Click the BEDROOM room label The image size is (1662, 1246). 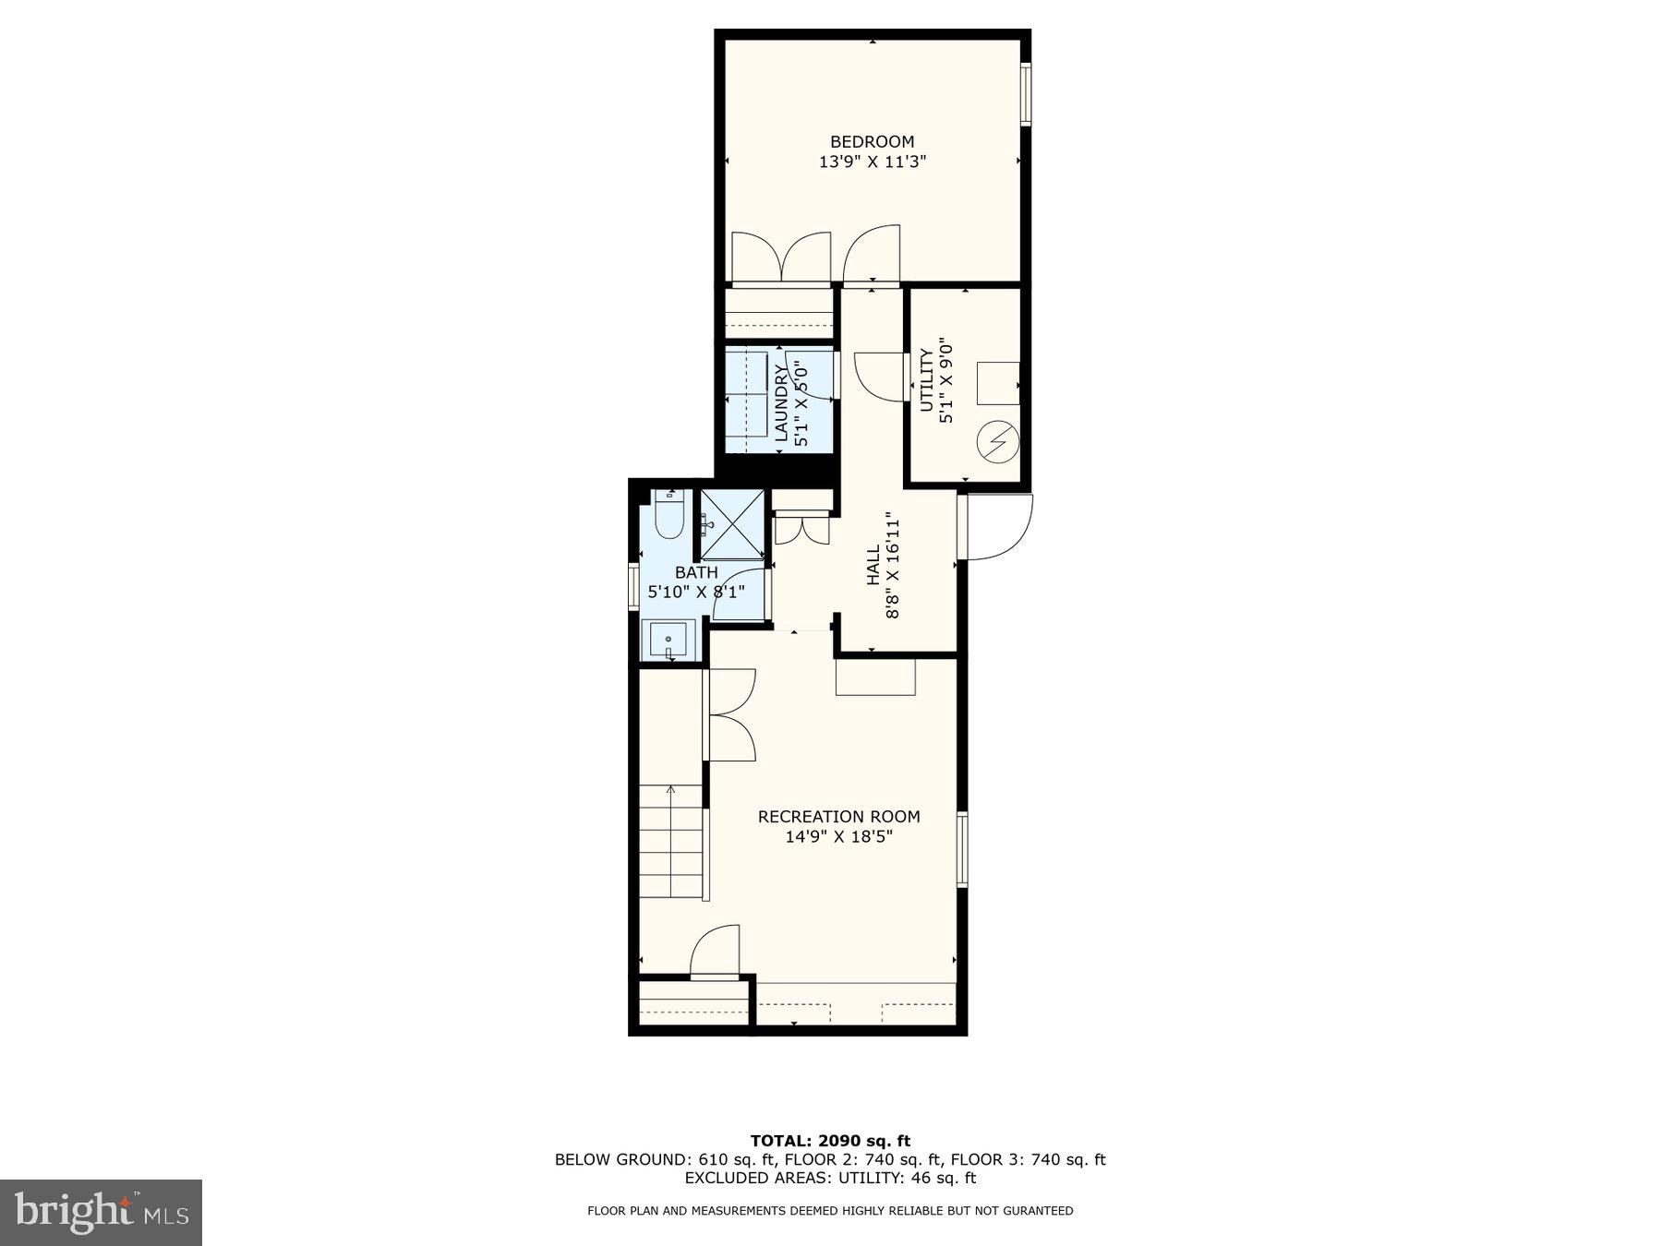pos(872,141)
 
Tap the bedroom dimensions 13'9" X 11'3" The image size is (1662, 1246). pos(872,162)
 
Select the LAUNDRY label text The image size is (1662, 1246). pos(781,403)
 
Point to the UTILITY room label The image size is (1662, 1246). pos(926,380)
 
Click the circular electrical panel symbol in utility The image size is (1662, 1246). pos(997,442)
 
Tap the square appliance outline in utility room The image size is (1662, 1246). pos(998,383)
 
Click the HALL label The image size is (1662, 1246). pos(873,565)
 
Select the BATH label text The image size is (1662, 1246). pos(696,573)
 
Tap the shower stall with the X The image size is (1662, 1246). pos(731,524)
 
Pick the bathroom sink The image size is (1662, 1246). pos(668,639)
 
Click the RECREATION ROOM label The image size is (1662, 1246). pos(838,817)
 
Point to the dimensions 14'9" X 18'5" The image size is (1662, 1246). pos(838,837)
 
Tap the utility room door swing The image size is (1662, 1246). pos(879,377)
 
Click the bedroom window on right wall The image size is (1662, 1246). pos(1026,92)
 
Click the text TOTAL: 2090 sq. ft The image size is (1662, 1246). pos(830,1141)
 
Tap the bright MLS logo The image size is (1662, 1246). pos(101,1212)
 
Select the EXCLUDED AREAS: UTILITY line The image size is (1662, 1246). pos(830,1178)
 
